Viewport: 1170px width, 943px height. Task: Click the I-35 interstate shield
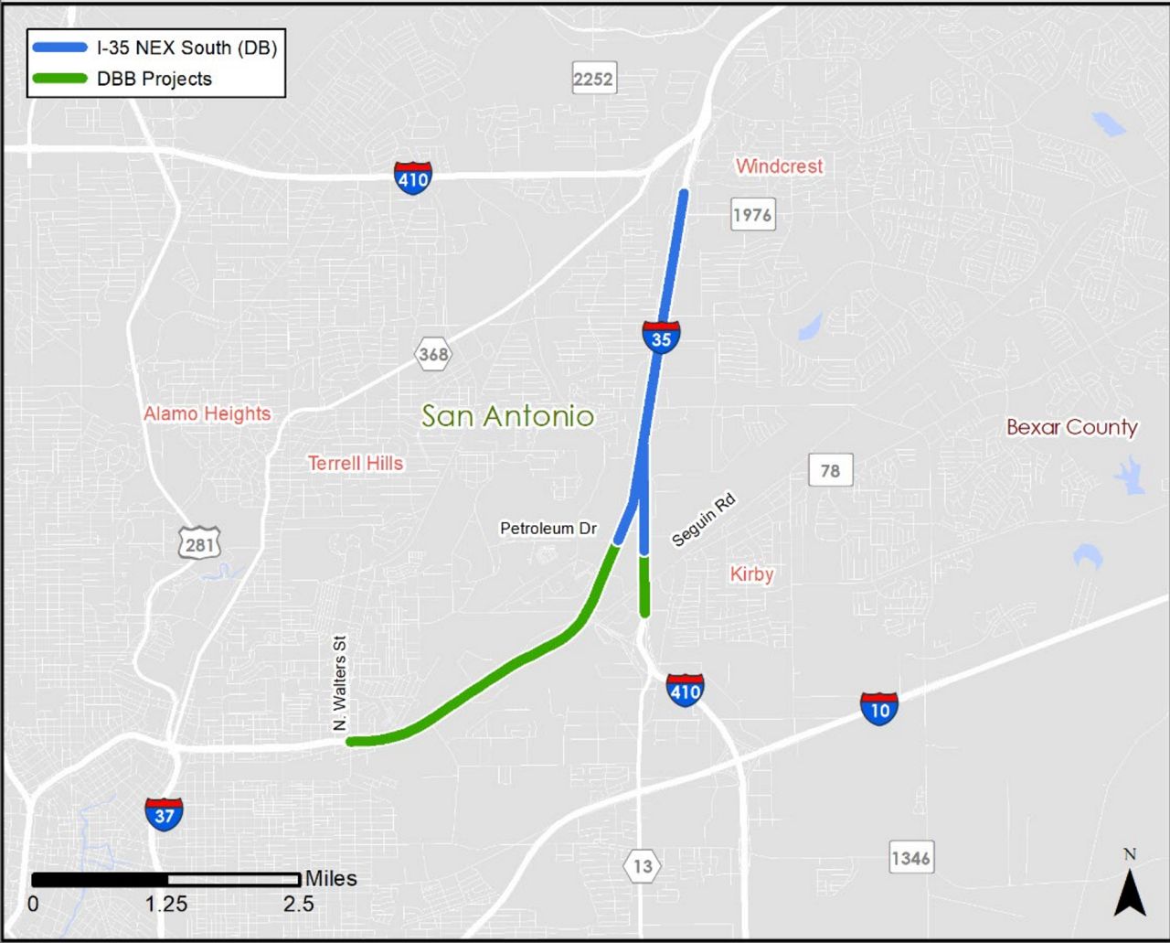pos(661,338)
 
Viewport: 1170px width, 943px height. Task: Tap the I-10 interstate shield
pos(879,708)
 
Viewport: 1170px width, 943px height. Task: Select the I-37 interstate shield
pos(164,813)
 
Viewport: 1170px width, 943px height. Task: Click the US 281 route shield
pos(199,543)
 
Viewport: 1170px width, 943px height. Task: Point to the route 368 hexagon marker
pos(433,354)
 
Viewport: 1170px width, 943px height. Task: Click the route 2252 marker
pos(593,79)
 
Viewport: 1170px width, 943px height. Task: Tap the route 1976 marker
pos(752,215)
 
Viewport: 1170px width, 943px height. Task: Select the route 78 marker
pos(830,470)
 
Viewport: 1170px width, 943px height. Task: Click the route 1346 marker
pos(911,858)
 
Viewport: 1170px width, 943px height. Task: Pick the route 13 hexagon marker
pos(643,865)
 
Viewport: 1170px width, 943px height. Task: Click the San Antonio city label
pos(507,416)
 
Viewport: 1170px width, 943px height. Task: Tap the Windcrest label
pos(779,166)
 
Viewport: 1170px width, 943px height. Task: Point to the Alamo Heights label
pos(207,413)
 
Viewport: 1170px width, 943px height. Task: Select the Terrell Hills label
pos(356,463)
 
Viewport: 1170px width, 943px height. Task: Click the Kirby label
pos(751,574)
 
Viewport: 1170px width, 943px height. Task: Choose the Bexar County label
pos(1071,427)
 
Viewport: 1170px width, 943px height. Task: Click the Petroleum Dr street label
pos(548,528)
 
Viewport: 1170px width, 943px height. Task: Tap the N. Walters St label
pos(340,683)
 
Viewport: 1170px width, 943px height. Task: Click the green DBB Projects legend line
pos(60,79)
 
